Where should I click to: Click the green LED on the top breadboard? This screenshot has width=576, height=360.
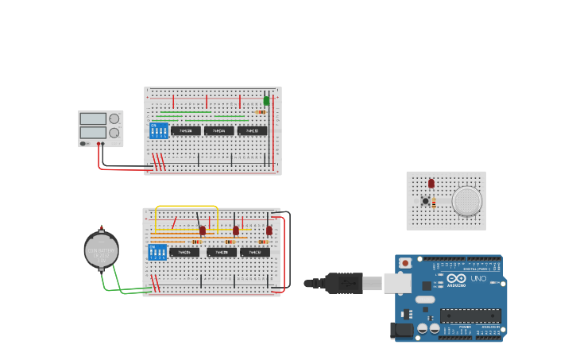click(x=266, y=101)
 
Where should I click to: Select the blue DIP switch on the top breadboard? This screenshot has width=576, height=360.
click(x=159, y=130)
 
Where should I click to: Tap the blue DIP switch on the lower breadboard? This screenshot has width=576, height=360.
click(x=158, y=252)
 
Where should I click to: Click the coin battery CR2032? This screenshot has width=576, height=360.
click(x=102, y=250)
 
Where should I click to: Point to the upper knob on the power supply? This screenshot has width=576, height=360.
click(x=114, y=118)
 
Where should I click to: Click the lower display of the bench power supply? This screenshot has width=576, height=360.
click(x=93, y=133)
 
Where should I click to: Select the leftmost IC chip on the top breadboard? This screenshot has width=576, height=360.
click(x=186, y=130)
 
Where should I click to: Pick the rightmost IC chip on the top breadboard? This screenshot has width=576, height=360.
click(x=252, y=130)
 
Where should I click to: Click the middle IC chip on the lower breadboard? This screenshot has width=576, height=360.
click(x=221, y=253)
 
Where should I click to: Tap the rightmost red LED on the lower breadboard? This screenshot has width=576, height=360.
click(x=269, y=230)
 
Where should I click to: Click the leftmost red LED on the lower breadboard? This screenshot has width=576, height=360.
click(x=203, y=230)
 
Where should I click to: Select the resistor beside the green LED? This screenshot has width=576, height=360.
click(x=261, y=112)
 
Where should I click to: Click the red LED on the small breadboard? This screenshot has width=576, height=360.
click(x=431, y=184)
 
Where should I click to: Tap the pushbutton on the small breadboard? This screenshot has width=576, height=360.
click(x=426, y=201)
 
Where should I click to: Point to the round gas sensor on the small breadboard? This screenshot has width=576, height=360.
click(x=467, y=201)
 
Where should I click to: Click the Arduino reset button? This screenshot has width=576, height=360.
click(x=405, y=263)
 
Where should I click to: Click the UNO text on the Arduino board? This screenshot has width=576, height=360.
click(x=478, y=279)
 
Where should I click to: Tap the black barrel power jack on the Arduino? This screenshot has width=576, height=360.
click(x=401, y=331)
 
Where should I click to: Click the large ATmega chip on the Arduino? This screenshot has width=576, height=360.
click(x=470, y=315)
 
